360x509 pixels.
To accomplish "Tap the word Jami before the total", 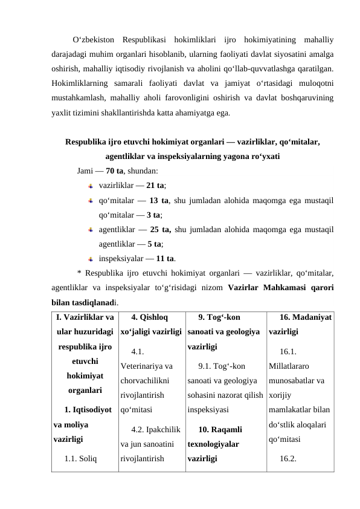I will [85, 170].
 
